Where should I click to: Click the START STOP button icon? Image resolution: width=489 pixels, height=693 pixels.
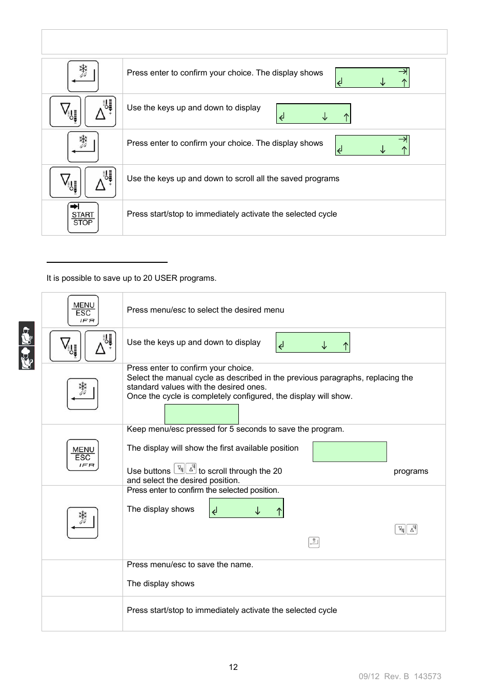83,218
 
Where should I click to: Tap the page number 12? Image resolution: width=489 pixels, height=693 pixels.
233,667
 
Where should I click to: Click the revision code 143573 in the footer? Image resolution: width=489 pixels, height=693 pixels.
427,676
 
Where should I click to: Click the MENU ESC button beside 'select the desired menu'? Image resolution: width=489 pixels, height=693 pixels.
83,311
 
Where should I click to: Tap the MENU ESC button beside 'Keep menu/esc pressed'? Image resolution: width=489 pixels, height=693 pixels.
83,455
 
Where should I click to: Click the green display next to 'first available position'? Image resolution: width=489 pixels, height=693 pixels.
350,452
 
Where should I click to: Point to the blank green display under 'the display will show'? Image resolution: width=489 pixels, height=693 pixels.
201,414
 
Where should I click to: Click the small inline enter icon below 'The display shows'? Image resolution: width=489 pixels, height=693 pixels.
314,542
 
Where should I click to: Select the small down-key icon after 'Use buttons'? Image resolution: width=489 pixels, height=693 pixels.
179,468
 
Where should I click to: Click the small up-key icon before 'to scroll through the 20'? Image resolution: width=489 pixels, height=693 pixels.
191,468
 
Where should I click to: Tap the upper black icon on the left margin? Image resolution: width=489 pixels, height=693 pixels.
27,334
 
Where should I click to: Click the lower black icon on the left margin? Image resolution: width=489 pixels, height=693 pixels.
27,358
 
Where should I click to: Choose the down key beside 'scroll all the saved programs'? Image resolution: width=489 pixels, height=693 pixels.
65,182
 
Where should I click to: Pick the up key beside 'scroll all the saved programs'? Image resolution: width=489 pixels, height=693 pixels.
100,182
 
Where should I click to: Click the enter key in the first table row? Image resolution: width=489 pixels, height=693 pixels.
83,76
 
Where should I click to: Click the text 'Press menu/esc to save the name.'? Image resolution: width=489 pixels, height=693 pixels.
190,565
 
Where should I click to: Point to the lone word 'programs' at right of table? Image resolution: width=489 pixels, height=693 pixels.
411,471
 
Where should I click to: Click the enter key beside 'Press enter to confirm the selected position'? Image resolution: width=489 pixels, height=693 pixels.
83,523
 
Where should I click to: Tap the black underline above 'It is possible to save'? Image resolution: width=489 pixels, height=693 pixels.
107,262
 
